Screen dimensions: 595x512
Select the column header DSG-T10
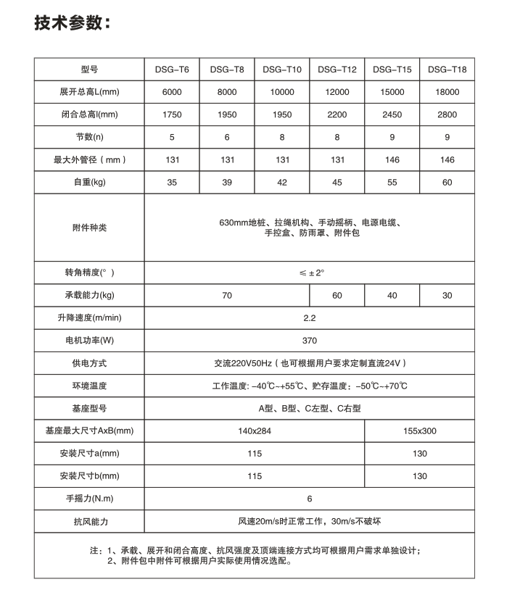click(282, 70)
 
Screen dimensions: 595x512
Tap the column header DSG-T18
click(447, 70)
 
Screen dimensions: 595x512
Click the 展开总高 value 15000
click(392, 93)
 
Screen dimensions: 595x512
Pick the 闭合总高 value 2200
click(337, 115)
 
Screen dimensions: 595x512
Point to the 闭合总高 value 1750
click(172, 115)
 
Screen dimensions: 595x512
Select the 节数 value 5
click(172, 137)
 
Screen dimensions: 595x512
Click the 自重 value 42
click(282, 182)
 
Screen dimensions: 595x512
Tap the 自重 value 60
click(447, 182)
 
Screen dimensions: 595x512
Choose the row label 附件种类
click(90, 228)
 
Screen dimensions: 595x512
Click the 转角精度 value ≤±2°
click(310, 272)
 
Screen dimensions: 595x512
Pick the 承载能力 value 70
click(227, 295)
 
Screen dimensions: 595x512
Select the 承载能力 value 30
click(447, 295)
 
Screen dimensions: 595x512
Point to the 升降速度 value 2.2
click(310, 317)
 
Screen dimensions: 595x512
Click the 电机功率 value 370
click(310, 340)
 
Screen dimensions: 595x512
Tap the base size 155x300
click(420, 430)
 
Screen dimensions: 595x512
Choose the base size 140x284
click(255, 430)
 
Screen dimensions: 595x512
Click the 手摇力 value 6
click(310, 499)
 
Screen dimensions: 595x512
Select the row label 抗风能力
click(90, 521)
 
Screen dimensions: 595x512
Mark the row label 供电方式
click(90, 362)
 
